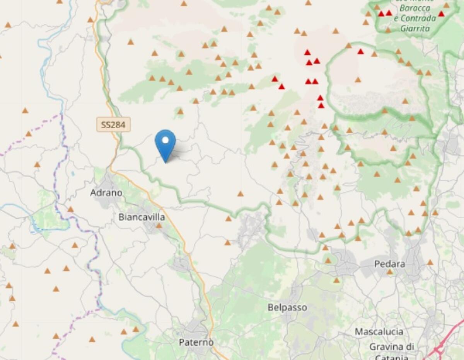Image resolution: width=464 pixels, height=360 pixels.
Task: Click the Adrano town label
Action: click(106, 192)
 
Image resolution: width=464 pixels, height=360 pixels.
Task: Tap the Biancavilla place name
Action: click(142, 217)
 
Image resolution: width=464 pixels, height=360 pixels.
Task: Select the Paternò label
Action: click(196, 342)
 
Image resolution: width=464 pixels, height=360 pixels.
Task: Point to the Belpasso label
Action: click(287, 307)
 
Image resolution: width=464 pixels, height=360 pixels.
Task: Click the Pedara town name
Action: click(390, 264)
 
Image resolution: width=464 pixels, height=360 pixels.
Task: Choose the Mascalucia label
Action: click(379, 331)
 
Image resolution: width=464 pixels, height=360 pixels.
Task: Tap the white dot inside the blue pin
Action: click(165, 140)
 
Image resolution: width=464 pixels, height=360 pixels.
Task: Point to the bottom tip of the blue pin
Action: click(165, 162)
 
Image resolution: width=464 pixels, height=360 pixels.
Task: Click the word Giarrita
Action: click(415, 28)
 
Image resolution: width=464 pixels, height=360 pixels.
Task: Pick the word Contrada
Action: click(418, 18)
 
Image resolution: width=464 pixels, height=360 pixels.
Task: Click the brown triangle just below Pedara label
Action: click(390, 272)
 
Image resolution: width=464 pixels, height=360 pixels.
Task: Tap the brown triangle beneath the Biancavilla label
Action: click(159, 226)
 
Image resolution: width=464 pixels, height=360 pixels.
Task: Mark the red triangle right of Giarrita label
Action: click(441, 14)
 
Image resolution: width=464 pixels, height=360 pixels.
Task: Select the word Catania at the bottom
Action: click(391, 357)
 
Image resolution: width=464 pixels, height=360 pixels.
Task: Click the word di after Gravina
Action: click(409, 346)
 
